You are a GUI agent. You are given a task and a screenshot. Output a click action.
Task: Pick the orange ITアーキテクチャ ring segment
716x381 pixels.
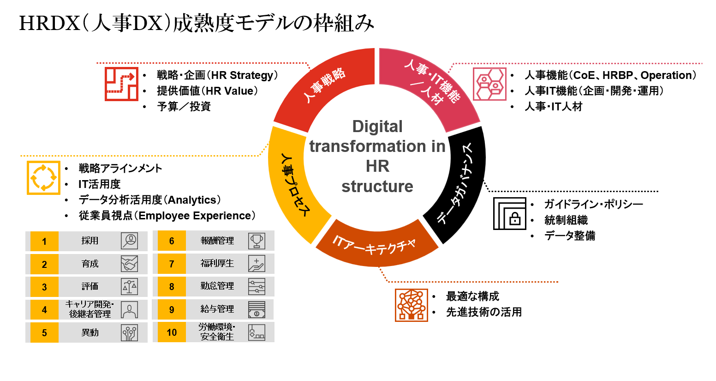pos(376,245)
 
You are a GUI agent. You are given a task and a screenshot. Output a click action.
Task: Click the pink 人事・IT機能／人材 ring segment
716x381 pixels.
pos(431,85)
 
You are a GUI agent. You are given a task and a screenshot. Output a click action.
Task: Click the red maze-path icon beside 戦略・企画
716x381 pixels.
pos(121,84)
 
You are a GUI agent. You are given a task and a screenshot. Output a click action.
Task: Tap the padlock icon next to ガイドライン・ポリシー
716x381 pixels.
pos(510,213)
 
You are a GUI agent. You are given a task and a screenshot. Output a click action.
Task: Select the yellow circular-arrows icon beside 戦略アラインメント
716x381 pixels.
pos(43,178)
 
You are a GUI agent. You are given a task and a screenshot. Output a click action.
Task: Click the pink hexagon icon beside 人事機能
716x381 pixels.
pos(489,84)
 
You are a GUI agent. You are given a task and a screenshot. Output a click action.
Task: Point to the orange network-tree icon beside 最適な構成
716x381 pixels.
pos(411,305)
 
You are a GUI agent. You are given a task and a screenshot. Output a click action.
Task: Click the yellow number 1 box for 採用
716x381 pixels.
pos(44,241)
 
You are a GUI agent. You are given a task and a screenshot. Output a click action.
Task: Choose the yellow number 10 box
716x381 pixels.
pos(172,333)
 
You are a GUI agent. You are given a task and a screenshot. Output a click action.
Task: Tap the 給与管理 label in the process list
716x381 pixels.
pos(217,309)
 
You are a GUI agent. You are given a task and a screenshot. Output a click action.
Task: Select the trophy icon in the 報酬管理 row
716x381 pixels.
pos(257,241)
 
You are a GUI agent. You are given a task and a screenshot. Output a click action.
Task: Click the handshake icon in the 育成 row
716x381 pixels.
pos(129,264)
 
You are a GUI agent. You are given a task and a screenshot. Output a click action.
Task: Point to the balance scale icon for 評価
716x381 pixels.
pos(129,287)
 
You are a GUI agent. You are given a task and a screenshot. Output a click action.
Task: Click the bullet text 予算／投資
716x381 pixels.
pos(184,107)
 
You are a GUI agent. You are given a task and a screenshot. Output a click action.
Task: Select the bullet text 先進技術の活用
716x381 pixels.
pos(483,312)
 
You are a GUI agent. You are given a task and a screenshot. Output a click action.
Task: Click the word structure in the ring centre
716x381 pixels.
pos(377,187)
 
